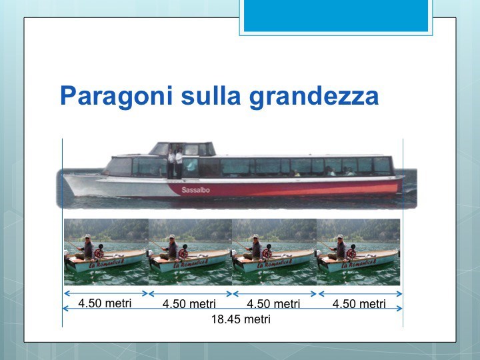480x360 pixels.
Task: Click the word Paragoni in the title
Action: tap(116, 97)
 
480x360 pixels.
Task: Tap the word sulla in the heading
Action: tap(211, 95)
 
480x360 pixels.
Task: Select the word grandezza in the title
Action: tap(314, 97)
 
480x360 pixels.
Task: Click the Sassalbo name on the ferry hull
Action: tap(195, 190)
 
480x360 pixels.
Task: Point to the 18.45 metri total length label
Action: tap(241, 319)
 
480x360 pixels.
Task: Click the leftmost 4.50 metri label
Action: tap(105, 303)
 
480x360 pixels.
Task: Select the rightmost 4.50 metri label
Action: tap(359, 304)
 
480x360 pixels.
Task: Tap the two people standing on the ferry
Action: tap(175, 163)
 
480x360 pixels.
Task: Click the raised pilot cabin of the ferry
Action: tap(183, 149)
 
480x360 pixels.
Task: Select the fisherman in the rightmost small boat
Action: tap(338, 247)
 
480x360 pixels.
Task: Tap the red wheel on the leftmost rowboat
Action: tap(99, 253)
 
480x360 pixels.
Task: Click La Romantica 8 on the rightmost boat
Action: tap(359, 263)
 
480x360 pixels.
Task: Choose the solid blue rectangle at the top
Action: tap(336, 15)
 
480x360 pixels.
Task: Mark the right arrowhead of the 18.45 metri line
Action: tap(399, 308)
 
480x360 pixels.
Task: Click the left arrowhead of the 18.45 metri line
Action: tap(65, 308)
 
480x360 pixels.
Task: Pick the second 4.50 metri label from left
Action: tap(189, 304)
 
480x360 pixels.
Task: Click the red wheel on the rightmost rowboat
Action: tap(351, 253)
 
